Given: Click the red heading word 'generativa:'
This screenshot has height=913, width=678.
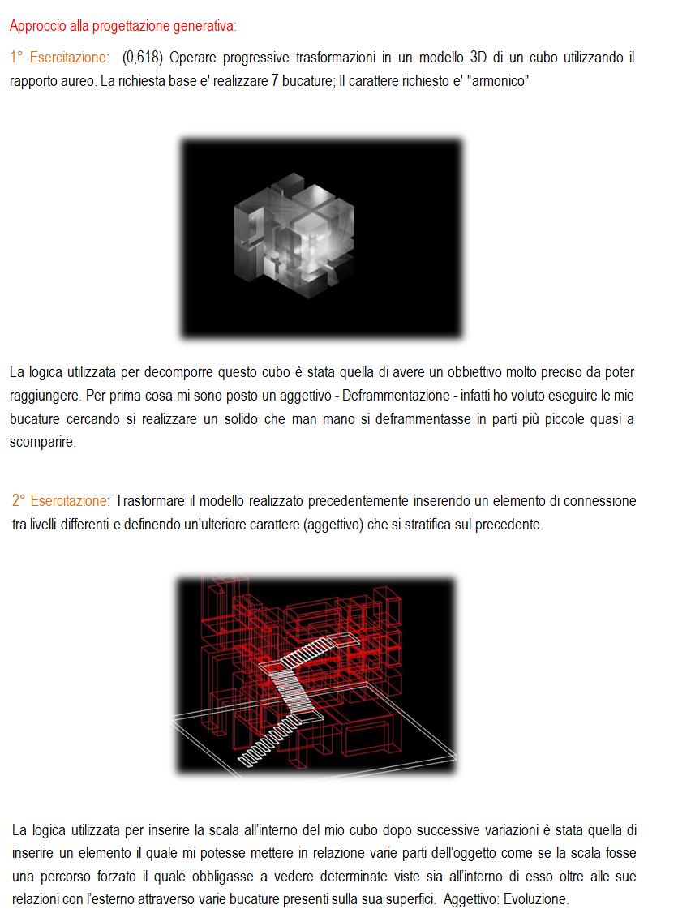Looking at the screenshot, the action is (x=208, y=27).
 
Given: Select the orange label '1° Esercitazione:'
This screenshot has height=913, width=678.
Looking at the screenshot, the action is (x=59, y=57).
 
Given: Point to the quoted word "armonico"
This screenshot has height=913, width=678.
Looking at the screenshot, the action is (x=497, y=80).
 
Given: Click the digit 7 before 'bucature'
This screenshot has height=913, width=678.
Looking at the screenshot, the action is (x=275, y=80).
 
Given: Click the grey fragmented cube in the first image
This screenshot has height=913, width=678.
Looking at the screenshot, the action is (x=294, y=236).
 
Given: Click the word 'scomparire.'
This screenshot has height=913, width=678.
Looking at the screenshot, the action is (x=42, y=442).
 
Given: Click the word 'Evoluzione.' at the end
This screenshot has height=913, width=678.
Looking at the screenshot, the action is (x=536, y=899).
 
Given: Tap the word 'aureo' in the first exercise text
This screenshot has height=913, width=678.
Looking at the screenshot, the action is (x=78, y=80).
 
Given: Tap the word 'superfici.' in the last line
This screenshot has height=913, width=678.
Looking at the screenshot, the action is (x=406, y=899).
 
